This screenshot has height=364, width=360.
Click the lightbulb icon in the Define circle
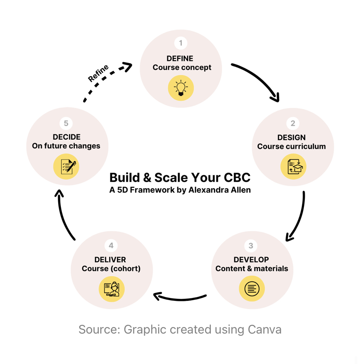tap(180, 88)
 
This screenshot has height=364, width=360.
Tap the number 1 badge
tap(180, 43)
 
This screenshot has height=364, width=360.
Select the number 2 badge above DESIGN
tap(293, 124)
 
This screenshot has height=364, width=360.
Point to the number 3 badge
tap(251, 246)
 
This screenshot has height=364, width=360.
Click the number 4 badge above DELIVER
tap(111, 246)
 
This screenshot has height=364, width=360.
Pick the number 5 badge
tap(66, 124)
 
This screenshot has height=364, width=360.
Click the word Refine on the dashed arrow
tap(98, 72)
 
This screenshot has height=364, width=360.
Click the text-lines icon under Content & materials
tap(252, 289)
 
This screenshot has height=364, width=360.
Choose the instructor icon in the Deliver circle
tap(111, 289)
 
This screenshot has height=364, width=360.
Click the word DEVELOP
tap(251, 260)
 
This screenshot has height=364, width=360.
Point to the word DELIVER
tap(111, 260)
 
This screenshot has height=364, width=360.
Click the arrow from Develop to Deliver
tap(180, 298)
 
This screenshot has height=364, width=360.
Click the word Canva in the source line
tap(265, 329)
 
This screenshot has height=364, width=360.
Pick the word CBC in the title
tap(236, 177)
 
